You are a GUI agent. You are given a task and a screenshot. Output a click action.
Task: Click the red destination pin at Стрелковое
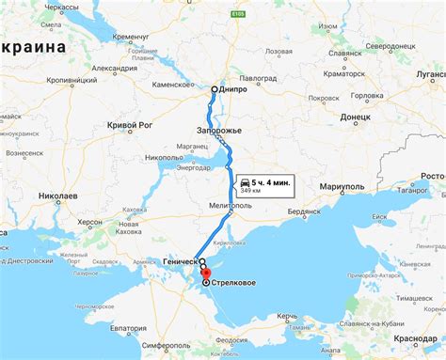(206, 280)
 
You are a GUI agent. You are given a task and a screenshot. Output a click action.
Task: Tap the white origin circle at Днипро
(215, 89)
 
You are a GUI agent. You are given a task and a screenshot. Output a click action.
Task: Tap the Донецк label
(355, 117)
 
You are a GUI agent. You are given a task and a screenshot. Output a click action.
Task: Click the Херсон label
(90, 221)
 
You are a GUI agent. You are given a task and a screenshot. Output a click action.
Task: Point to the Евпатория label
(131, 328)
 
